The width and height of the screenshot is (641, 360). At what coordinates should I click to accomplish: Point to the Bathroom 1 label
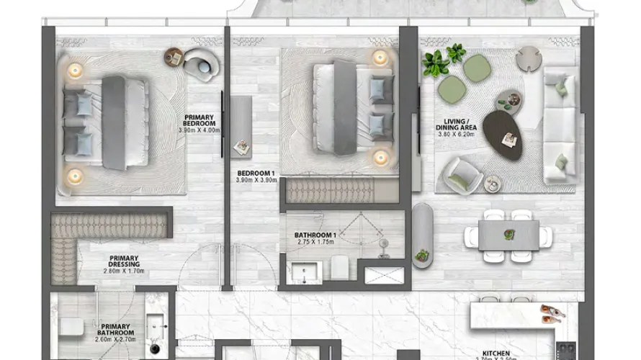(315, 235)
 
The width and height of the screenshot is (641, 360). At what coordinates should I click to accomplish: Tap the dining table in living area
(508, 234)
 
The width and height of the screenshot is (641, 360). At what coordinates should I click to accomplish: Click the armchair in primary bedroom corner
(200, 64)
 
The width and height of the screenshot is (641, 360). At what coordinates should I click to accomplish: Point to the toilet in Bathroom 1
(340, 268)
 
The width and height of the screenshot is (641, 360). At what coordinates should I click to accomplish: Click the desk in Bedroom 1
(241, 127)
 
